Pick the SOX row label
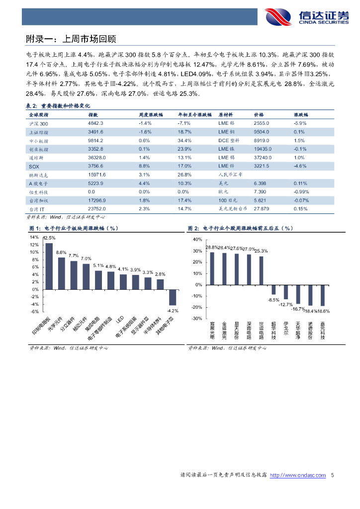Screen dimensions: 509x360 click(x=34, y=166)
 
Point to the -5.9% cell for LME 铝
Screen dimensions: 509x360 click(x=300, y=123)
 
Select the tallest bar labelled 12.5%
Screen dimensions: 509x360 click(x=49, y=266)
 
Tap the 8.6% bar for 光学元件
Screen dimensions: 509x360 click(x=62, y=273)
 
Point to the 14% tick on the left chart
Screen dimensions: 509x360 click(x=35, y=237)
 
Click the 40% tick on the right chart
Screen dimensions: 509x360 click(x=197, y=240)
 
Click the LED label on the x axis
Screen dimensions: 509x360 click(x=119, y=321)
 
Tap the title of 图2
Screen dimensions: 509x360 click(x=240, y=228)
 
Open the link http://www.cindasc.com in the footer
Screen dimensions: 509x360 click(x=298, y=476)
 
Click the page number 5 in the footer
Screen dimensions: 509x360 click(x=332, y=476)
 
